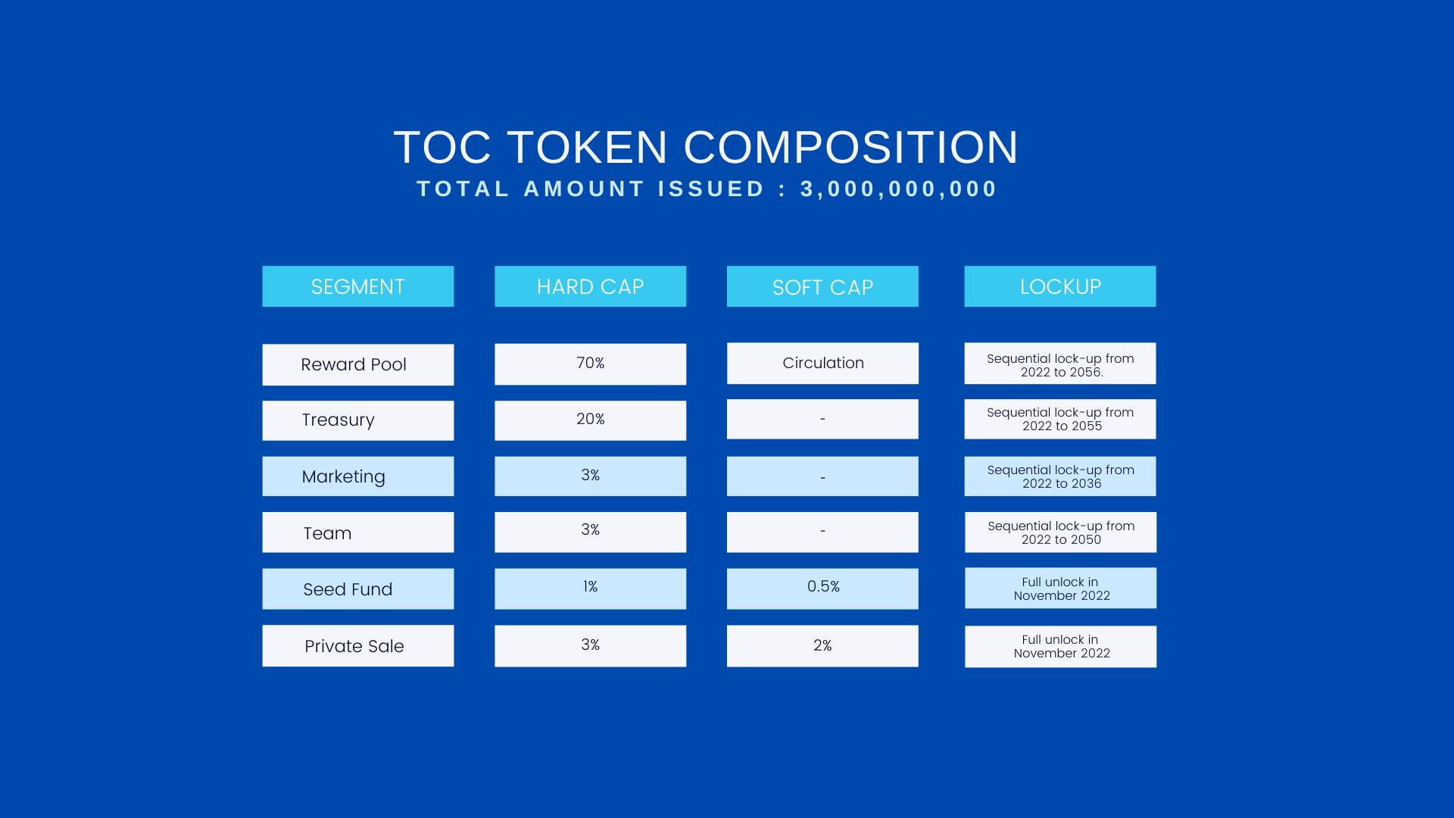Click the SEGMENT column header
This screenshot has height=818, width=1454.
[358, 286]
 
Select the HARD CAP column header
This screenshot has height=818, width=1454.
[590, 286]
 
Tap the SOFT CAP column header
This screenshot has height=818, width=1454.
[822, 286]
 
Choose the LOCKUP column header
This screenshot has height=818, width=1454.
[1060, 286]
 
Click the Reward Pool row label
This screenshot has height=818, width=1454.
[358, 364]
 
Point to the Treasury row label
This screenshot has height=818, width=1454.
[358, 420]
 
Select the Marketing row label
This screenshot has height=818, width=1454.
[358, 476]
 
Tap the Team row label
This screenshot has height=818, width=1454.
[358, 532]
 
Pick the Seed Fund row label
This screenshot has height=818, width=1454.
[358, 589]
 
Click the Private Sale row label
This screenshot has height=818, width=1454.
[358, 646]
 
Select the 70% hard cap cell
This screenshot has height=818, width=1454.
[590, 364]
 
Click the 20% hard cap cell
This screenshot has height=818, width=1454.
[590, 420]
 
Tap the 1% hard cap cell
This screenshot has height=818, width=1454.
[590, 589]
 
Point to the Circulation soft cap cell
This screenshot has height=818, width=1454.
[822, 363]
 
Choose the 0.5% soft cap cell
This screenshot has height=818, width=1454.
[822, 589]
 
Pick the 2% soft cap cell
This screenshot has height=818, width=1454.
[822, 646]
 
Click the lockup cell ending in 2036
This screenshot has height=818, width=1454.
[1060, 476]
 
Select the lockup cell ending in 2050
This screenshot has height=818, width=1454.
[1060, 532]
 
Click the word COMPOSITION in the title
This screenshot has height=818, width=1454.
[851, 147]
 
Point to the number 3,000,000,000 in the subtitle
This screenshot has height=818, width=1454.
[899, 189]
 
